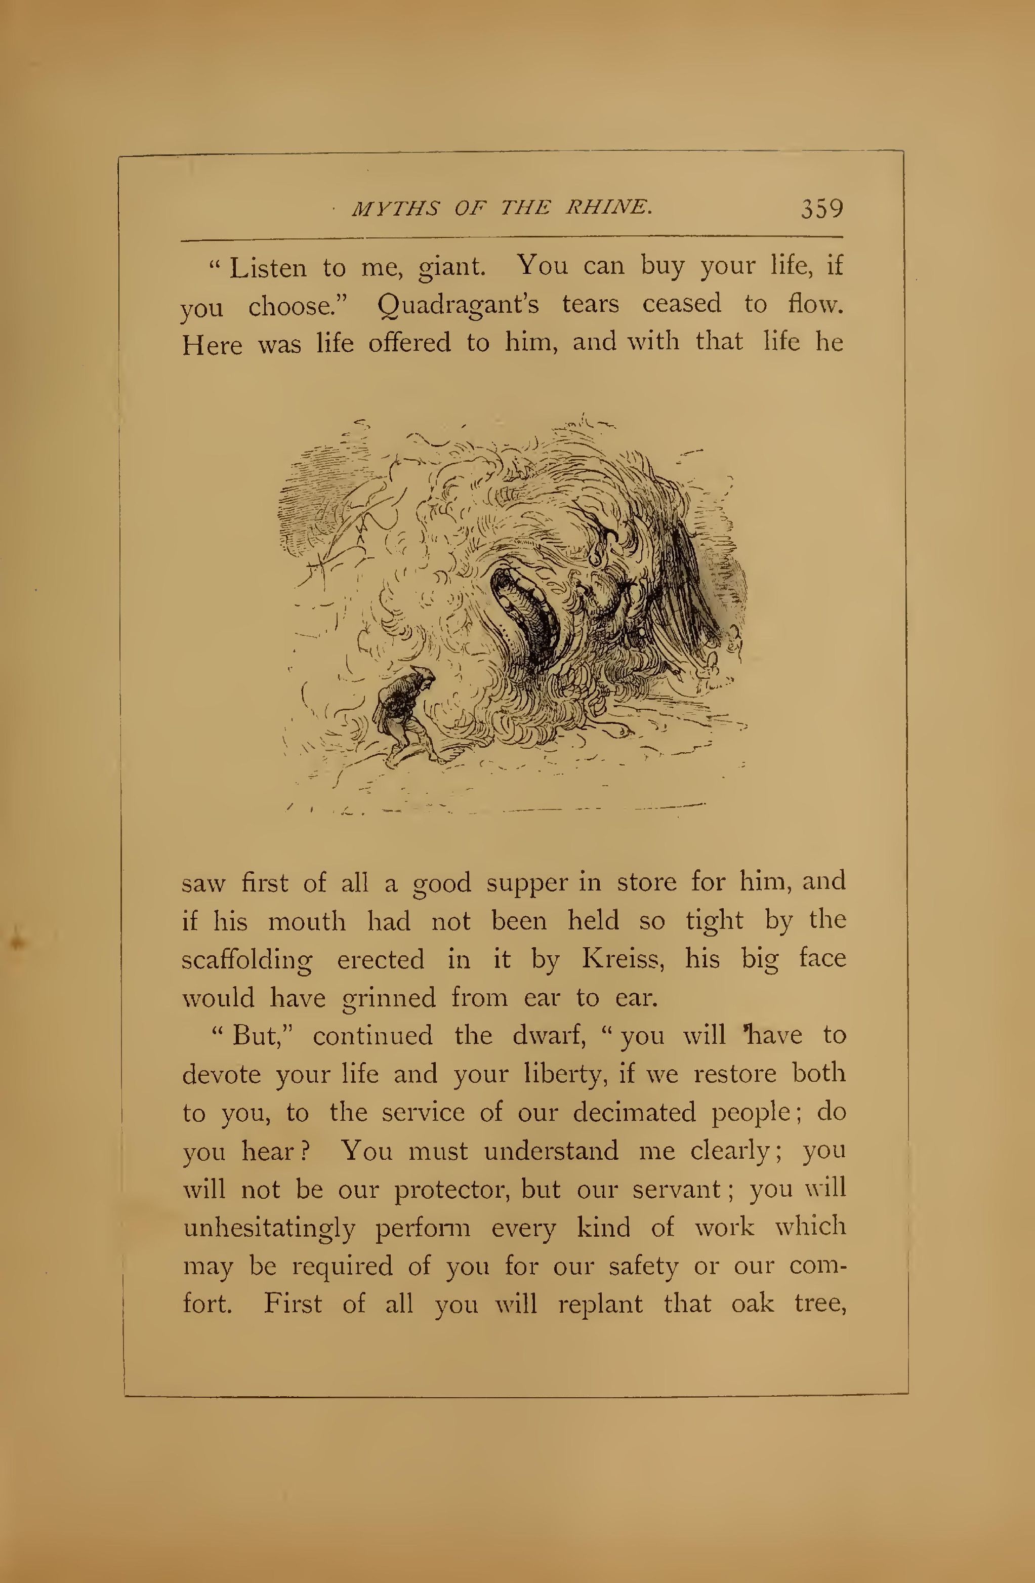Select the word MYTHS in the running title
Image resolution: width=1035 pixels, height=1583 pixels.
395,209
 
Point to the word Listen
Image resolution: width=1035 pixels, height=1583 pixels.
268,267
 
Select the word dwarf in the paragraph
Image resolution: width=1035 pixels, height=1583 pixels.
549,1036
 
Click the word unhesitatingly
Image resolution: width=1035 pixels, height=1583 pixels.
269,1228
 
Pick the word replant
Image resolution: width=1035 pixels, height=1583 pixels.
600,1304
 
